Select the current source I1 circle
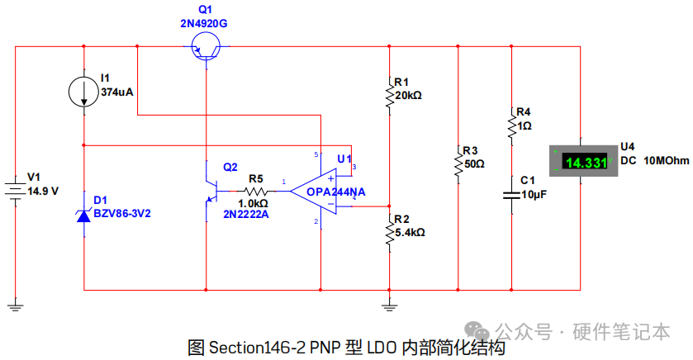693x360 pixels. click(x=83, y=92)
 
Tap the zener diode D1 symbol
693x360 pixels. click(x=83, y=216)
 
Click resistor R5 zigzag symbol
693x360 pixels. click(x=256, y=192)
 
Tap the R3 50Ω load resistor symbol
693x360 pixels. click(x=458, y=164)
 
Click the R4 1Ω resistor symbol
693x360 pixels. click(x=512, y=126)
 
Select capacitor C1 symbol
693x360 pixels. click(x=512, y=195)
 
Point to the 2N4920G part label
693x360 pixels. click(x=204, y=23)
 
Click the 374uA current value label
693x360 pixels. click(x=117, y=92)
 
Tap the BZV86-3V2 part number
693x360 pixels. click(x=122, y=214)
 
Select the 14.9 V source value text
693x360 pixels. click(x=43, y=192)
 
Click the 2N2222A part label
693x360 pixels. click(x=246, y=215)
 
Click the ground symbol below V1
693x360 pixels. click(x=16, y=306)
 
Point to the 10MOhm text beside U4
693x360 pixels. click(x=666, y=161)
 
